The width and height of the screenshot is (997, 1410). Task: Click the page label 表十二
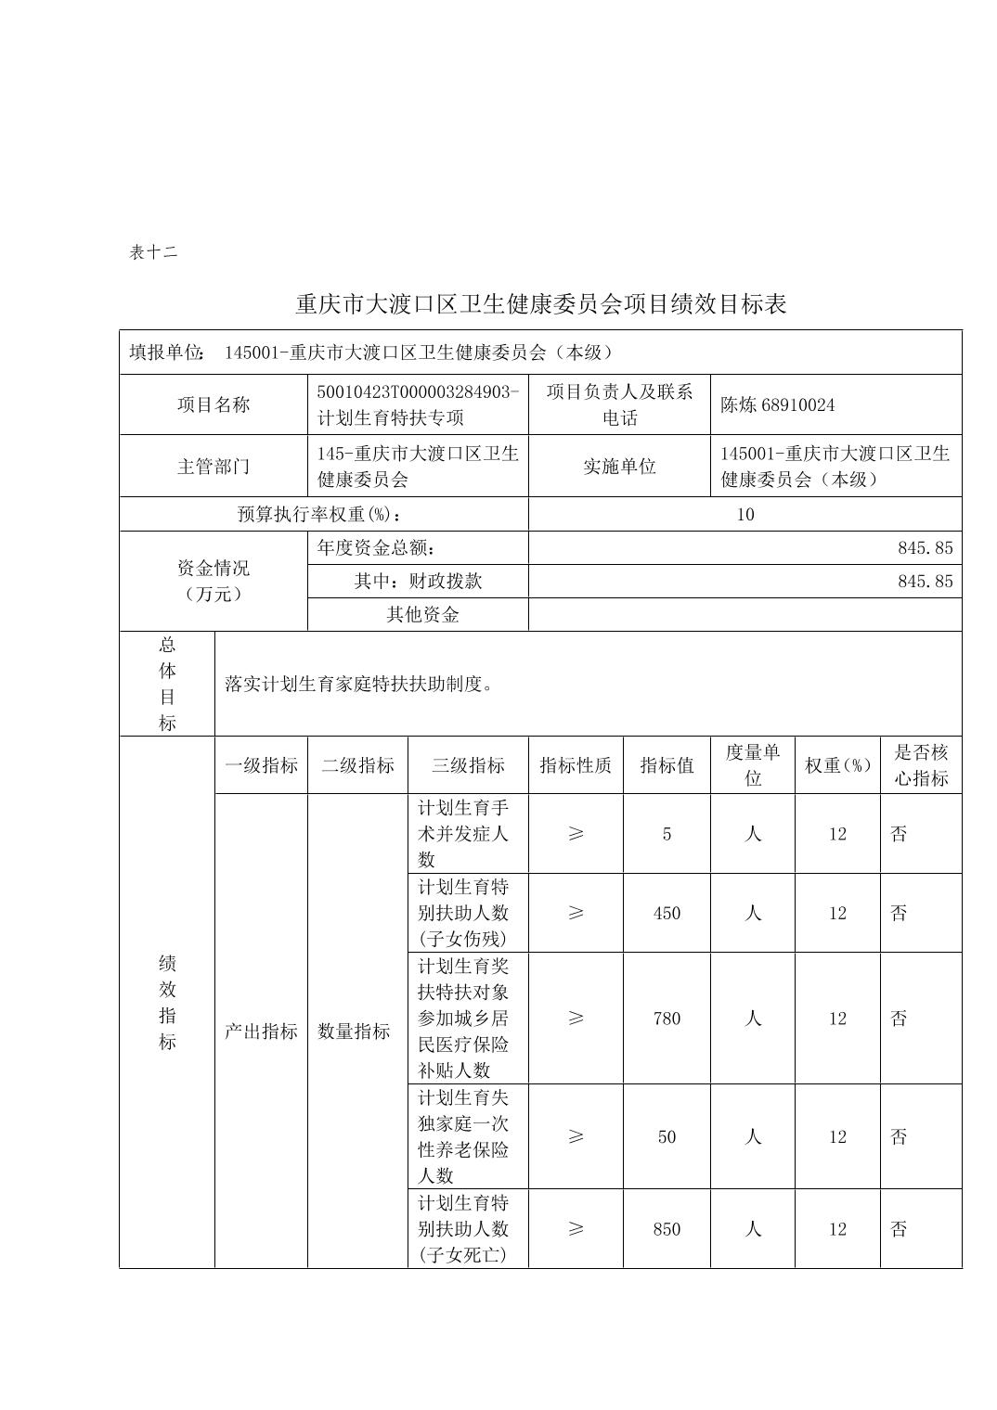coord(153,252)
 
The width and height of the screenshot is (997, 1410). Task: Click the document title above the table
coord(540,304)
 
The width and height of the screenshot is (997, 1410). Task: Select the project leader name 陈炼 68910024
coord(777,404)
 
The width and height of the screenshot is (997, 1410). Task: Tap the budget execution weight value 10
coord(745,514)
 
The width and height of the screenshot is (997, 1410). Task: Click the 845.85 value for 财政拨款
coord(925,582)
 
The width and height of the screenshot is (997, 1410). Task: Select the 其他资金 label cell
coord(422,615)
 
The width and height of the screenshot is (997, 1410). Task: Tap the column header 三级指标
coord(468,765)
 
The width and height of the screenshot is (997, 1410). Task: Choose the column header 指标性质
coord(576,765)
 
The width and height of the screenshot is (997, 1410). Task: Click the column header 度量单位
coord(752,765)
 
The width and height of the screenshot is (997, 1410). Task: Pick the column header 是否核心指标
coord(921,765)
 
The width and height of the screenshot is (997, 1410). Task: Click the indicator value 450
coord(667,913)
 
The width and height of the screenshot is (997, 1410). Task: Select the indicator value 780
coord(667,1019)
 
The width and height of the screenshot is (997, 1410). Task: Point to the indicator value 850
coord(667,1229)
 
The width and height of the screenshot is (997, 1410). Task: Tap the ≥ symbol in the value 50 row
coord(576,1136)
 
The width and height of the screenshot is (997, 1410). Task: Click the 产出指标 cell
coord(261,1031)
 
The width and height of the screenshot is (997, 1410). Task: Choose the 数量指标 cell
coord(354,1031)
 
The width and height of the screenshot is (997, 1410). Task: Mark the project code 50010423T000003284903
coord(418,391)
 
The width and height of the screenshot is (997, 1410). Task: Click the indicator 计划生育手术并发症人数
coord(463,833)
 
